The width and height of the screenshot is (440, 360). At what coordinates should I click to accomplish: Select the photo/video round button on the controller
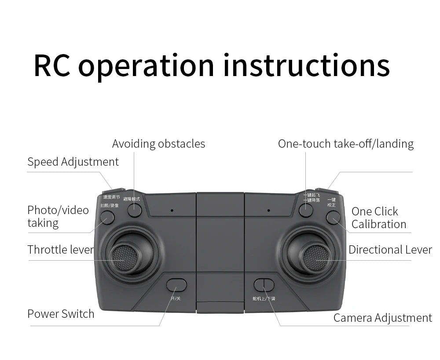(107, 217)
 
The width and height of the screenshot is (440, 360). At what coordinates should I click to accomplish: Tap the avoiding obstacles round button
(135, 210)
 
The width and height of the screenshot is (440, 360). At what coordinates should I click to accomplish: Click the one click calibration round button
(333, 217)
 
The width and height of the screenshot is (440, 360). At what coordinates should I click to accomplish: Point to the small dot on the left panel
(172, 210)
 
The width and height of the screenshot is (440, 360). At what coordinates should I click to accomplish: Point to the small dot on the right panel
(268, 210)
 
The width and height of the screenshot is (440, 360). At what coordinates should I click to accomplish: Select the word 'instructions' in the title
(306, 65)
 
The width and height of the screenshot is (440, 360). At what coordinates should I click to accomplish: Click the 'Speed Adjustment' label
(73, 162)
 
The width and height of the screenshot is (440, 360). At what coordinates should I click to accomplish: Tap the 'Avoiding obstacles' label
(158, 144)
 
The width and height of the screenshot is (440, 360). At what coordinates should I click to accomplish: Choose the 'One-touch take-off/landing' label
(346, 144)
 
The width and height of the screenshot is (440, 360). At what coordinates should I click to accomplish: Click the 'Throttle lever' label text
(61, 250)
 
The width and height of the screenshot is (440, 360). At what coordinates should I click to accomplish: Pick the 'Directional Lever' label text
(390, 250)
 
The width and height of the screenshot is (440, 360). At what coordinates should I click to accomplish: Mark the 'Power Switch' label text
(61, 314)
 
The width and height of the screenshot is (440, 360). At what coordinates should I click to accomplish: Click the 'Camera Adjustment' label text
(382, 318)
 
